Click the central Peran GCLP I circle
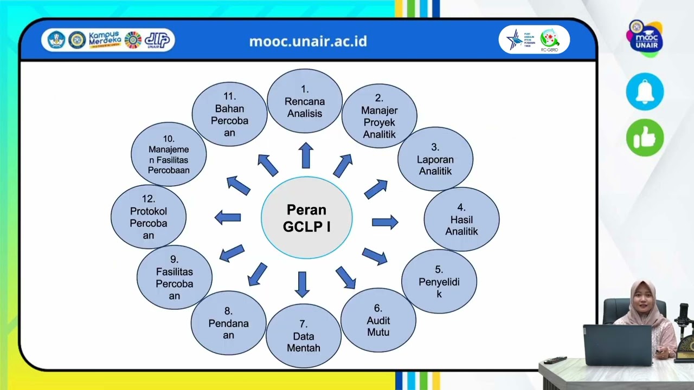coord(307,218)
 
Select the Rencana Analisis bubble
coord(305,101)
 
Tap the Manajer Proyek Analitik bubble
coord(380,116)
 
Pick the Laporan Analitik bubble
coord(435,159)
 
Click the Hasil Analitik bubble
coord(461,219)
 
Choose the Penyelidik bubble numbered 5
coord(439,282)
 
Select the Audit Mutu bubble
coord(378,321)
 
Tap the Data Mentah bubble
coord(304,336)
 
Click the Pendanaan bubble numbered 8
coord(229,323)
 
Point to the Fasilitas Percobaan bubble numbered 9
coord(175,277)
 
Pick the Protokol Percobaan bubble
coord(149,217)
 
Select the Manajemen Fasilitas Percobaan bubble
coord(169,154)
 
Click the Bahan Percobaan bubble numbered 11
coord(229,114)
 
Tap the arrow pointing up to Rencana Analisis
coord(306,155)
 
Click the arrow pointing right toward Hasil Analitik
coord(385,222)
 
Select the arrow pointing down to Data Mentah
coord(302,284)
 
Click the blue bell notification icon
coord(645,92)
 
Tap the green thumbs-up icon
coord(645,138)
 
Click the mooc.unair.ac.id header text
coord(308,41)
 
